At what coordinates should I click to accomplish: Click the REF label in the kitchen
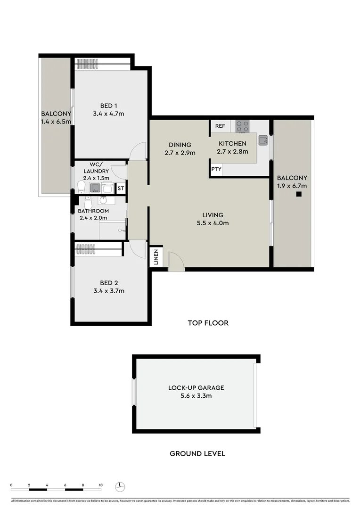(220, 126)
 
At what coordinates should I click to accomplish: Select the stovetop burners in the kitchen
(242, 126)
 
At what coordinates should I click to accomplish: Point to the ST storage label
(121, 189)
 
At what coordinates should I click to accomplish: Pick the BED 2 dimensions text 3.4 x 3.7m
(109, 291)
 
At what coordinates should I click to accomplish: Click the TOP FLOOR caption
(208, 323)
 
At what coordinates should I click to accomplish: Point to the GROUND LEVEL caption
(197, 454)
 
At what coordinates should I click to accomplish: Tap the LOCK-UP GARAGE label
(196, 388)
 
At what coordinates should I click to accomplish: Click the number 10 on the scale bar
(100, 484)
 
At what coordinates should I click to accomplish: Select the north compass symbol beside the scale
(121, 486)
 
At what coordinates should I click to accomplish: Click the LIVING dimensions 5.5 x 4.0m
(213, 223)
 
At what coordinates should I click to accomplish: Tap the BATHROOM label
(93, 211)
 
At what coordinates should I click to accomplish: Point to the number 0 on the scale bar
(11, 484)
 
